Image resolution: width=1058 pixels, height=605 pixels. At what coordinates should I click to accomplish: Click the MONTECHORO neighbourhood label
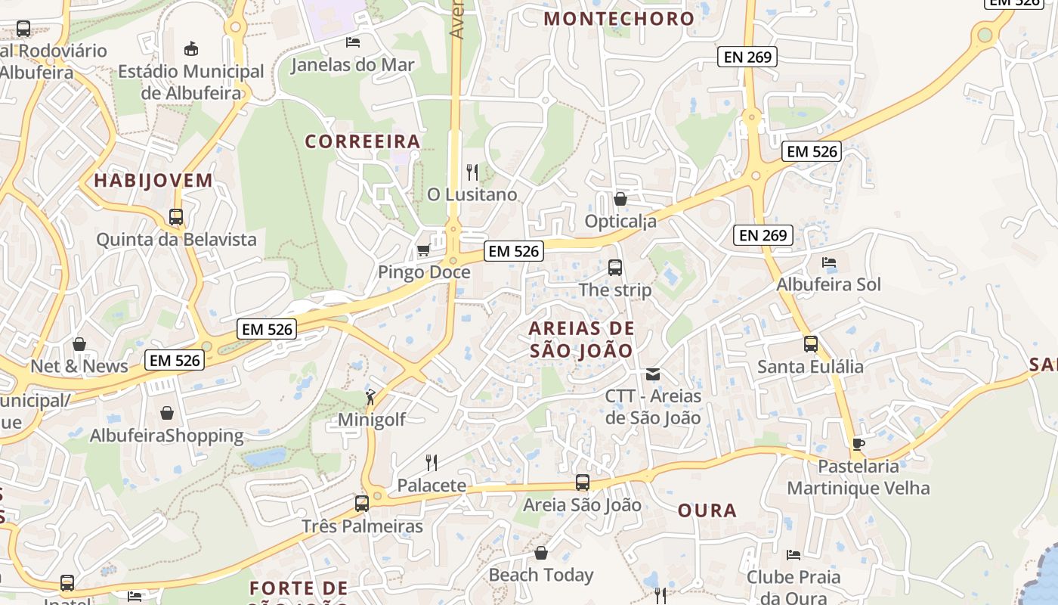[x=619, y=19]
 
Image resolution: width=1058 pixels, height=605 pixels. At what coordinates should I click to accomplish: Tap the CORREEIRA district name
[x=362, y=141]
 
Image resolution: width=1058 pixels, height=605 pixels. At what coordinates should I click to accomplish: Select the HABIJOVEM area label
[x=153, y=181]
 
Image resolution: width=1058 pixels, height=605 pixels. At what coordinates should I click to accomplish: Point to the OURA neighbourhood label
[x=707, y=510]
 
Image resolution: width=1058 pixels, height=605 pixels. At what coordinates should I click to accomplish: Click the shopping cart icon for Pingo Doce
[x=423, y=250]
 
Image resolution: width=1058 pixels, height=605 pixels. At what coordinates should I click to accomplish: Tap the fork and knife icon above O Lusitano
[x=472, y=172]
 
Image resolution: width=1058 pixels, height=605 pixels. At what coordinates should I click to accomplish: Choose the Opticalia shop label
[x=620, y=222]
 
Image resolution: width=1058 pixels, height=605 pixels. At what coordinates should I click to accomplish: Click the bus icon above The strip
[x=615, y=267]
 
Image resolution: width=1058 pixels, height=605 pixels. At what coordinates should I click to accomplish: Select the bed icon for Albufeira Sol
[x=829, y=262]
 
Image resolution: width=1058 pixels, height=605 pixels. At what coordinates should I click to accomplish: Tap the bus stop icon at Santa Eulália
[x=811, y=343]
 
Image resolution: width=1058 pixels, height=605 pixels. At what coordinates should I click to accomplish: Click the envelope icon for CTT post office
[x=653, y=374]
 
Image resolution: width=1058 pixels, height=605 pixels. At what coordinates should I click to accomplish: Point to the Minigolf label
[x=372, y=420]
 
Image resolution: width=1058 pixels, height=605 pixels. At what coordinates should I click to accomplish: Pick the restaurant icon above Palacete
[x=432, y=462]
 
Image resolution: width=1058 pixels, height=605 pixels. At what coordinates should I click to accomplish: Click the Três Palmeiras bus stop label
[x=363, y=526]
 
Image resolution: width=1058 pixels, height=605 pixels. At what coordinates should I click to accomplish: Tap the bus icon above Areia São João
[x=583, y=482]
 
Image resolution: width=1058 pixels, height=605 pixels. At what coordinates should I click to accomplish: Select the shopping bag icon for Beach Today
[x=540, y=553]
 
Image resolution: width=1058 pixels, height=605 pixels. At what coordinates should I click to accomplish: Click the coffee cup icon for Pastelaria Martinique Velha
[x=858, y=444]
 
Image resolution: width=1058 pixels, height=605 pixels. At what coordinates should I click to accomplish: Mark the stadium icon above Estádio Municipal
[x=191, y=49]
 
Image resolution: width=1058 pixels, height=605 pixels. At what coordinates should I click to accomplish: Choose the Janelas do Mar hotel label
[x=353, y=65]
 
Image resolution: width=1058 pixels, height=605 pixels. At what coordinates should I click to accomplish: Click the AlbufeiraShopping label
[x=167, y=436]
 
